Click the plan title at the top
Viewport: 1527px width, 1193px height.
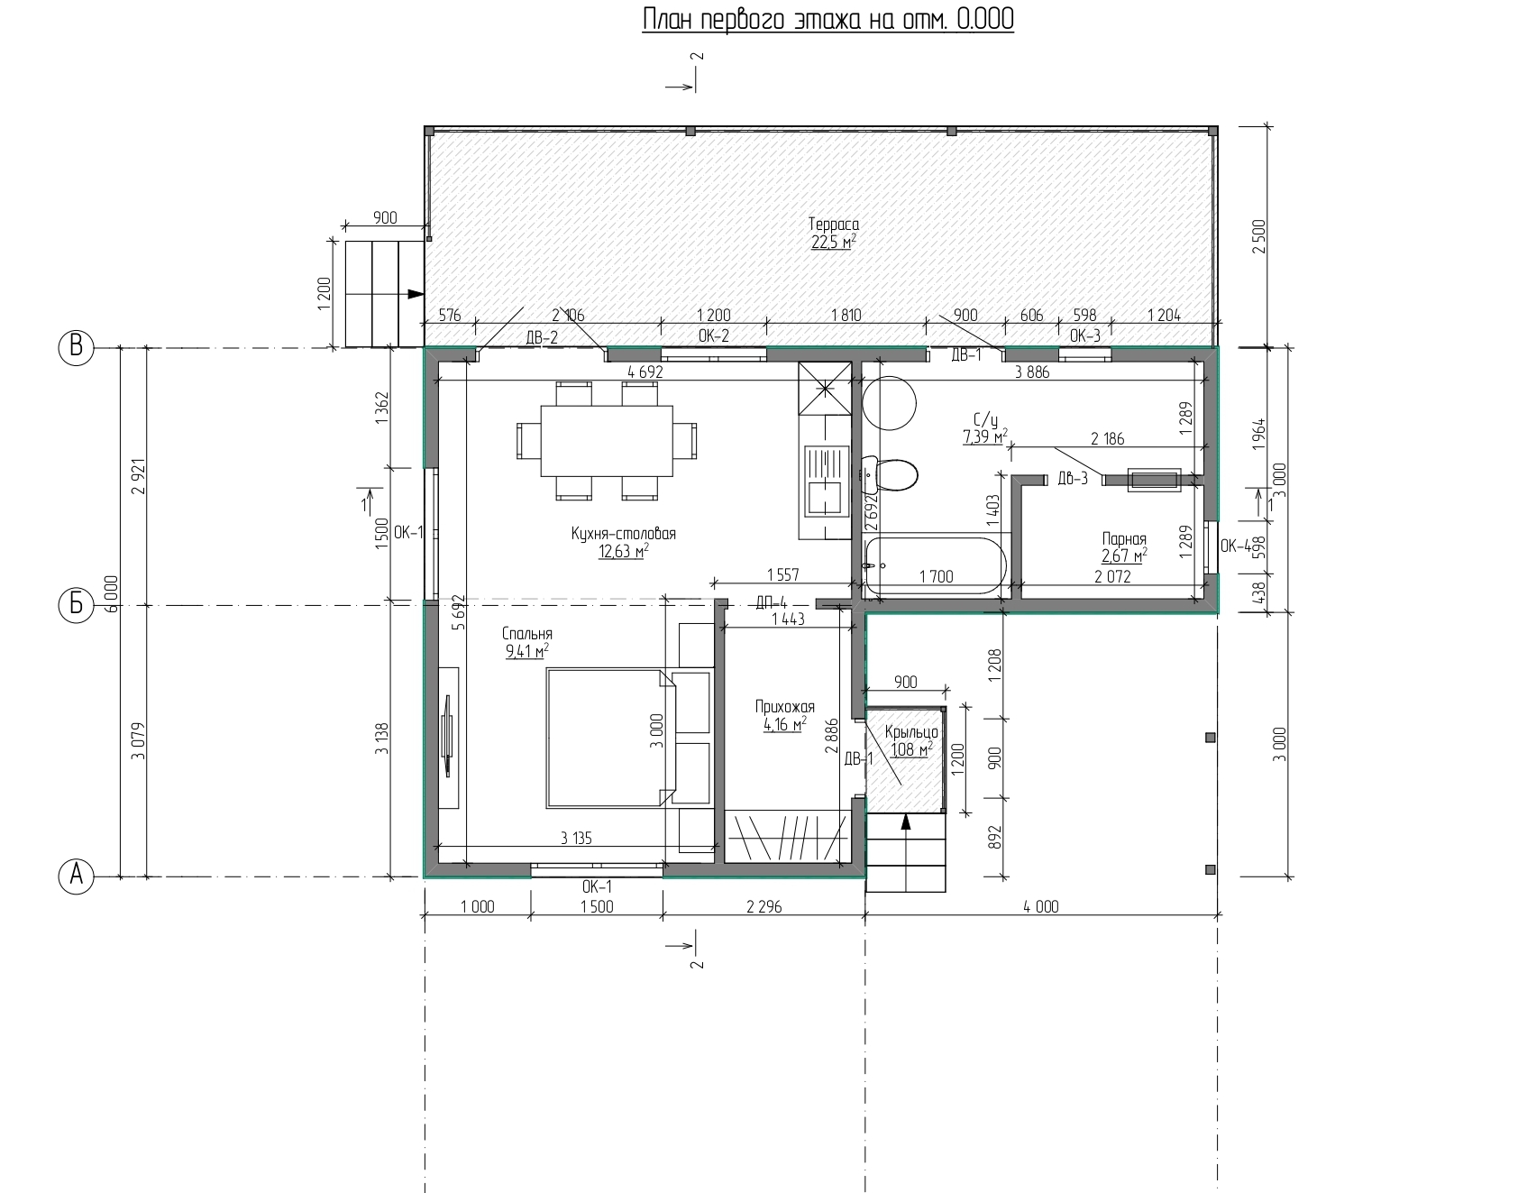tap(828, 20)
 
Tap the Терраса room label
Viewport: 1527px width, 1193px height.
tap(833, 225)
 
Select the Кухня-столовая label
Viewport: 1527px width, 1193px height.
tap(623, 534)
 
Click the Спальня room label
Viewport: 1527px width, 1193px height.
tap(528, 634)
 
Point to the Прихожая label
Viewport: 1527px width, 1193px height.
tap(784, 707)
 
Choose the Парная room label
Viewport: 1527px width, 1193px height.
tap(1124, 539)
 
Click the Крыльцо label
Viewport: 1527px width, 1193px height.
tap(911, 732)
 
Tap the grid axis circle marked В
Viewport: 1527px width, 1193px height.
tap(77, 347)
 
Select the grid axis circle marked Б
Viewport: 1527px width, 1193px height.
tap(77, 604)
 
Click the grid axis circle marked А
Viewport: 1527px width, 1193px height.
tap(77, 876)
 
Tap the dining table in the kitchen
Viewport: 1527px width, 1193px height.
tap(607, 440)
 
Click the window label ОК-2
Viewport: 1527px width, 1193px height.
tap(713, 336)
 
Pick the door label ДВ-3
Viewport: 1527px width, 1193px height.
tap(1073, 479)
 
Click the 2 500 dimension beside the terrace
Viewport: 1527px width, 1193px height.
tap(1259, 235)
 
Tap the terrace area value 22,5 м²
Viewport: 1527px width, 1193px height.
tap(833, 242)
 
